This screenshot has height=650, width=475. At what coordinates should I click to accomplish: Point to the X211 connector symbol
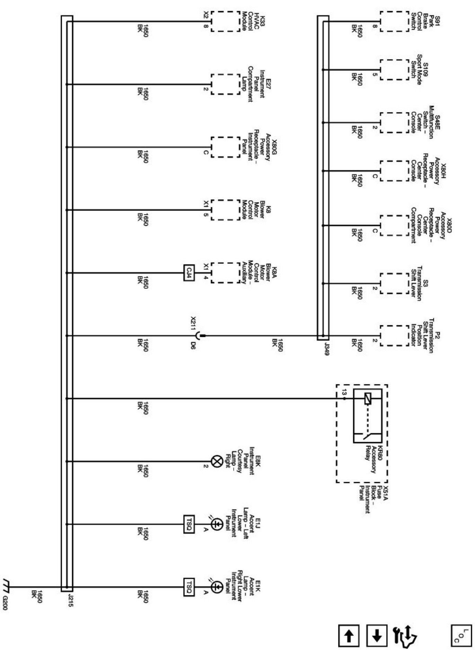pos(199,336)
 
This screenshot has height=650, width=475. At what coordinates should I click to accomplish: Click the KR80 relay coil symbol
pos(368,399)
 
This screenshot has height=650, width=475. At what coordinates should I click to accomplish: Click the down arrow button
pos(377,637)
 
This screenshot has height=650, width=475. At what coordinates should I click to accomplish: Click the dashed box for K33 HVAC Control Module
pos(225,21)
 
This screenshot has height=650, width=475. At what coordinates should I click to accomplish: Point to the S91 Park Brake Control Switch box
pos(395,21)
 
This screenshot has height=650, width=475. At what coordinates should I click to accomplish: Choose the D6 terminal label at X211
pos(193,346)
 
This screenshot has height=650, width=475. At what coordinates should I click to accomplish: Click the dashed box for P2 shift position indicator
pos(395,336)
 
